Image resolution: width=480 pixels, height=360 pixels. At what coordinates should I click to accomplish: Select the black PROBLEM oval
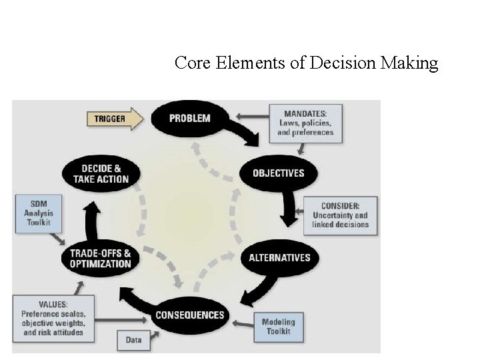point(189,119)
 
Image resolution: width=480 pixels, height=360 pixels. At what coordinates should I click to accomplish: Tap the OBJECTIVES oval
point(278,173)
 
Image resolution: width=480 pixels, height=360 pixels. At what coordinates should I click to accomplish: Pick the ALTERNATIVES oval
point(279,258)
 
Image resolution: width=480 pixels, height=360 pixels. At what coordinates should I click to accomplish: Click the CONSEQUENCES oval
point(189,315)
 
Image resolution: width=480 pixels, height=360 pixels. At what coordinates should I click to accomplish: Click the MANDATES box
point(305,122)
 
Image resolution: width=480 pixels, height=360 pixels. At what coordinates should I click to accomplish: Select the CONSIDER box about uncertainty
point(340,215)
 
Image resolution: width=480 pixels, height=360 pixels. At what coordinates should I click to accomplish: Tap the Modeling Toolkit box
point(278,326)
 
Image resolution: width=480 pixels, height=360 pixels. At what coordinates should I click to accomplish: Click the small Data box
point(133,340)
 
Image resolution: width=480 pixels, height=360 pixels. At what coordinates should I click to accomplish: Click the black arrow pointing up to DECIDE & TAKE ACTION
point(93,217)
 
